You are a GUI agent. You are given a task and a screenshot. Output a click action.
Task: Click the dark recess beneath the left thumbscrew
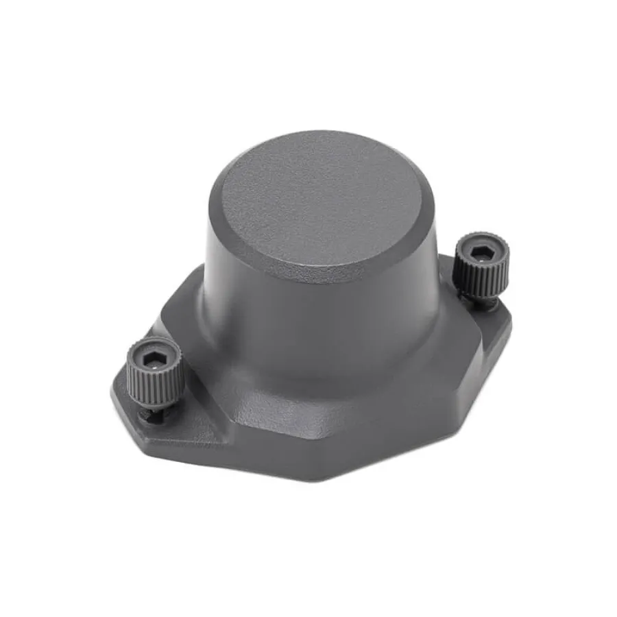click(149, 415)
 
